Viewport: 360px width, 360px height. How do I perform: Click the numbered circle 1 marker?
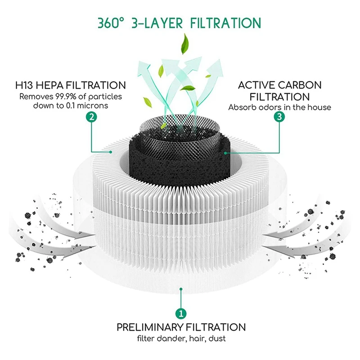pos(180,313)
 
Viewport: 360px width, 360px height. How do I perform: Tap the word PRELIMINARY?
pos(150,327)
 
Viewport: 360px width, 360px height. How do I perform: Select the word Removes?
pos(32,97)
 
